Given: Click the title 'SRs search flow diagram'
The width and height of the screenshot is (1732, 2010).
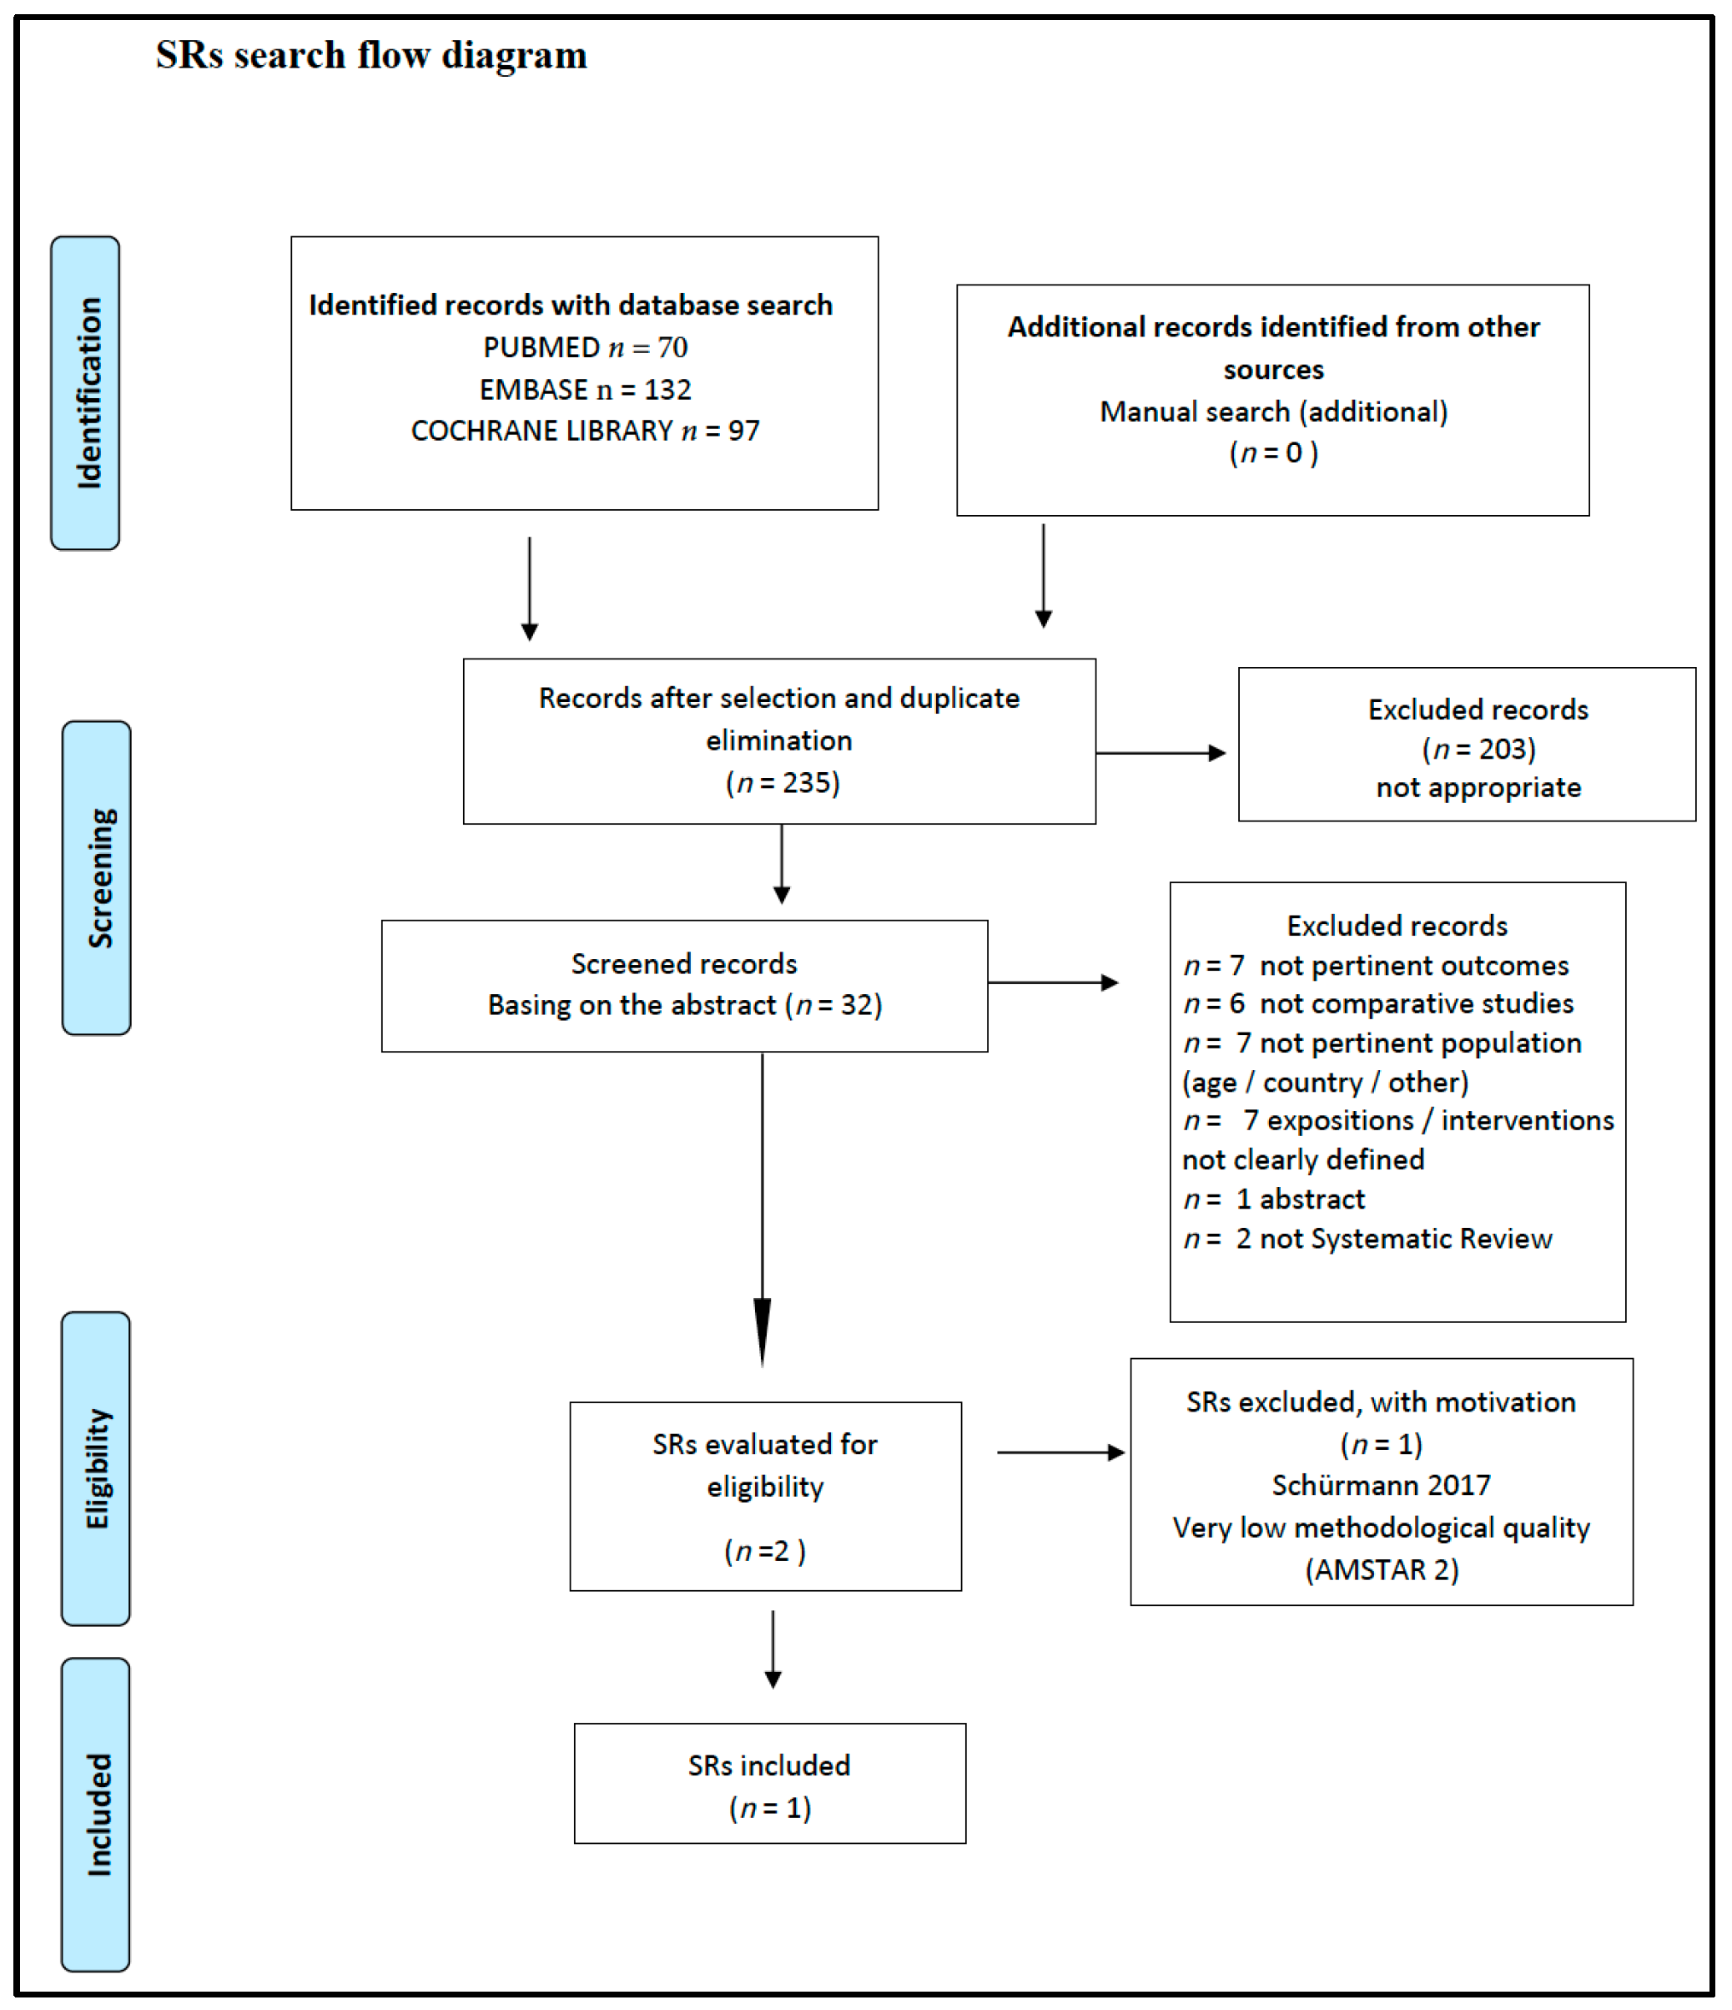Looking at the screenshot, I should (371, 55).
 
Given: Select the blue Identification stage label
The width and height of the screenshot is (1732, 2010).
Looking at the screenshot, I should (86, 393).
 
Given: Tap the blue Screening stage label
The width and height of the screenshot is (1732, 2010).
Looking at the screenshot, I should (97, 878).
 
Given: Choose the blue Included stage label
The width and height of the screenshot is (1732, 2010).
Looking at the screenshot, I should (96, 1813).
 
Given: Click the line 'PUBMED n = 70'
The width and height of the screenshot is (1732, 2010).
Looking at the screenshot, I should (585, 347).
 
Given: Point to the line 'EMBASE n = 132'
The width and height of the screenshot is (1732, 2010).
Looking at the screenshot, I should (585, 389).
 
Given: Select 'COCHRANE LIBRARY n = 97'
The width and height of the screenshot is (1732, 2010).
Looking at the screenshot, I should (585, 431).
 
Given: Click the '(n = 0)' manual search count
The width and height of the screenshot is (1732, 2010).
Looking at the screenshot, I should (1272, 453).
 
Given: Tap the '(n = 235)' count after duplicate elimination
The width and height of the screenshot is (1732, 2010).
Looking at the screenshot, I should (782, 783).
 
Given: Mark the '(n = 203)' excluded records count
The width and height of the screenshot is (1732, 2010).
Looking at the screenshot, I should (1478, 749).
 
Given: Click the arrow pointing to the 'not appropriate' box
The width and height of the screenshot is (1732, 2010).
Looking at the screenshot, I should (1161, 753).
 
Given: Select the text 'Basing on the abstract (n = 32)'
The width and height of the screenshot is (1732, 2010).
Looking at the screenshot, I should (685, 1005).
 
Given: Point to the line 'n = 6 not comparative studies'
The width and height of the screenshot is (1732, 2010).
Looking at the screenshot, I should (1377, 1004).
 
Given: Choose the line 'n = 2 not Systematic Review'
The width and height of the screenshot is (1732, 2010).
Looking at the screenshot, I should (1367, 1239).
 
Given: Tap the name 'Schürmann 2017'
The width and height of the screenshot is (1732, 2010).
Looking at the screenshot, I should (1381, 1485).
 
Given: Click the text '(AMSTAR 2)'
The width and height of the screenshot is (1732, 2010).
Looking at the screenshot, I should (1381, 1569).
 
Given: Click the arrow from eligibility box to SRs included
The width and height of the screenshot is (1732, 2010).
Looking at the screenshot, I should (773, 1649).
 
